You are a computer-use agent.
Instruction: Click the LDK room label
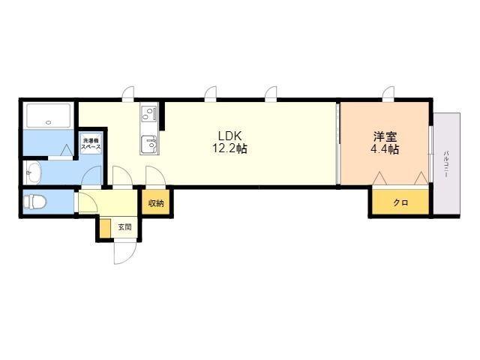[x=230, y=135]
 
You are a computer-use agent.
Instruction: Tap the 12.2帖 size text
[x=230, y=148]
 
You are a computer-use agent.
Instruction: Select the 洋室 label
[x=385, y=136]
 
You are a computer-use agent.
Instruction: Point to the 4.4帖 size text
[x=385, y=149]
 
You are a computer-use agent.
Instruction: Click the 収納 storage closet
[x=156, y=202]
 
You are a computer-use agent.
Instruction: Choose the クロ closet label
[x=400, y=202]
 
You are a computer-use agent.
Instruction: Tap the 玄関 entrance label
[x=125, y=227]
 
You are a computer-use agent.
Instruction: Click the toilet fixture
[x=34, y=202]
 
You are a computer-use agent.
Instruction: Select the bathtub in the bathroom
[x=48, y=115]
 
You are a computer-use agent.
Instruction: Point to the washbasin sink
[x=32, y=172]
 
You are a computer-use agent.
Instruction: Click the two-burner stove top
[x=149, y=112]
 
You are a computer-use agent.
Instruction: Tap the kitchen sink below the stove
[x=149, y=145]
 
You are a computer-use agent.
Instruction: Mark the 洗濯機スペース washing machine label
[x=91, y=144]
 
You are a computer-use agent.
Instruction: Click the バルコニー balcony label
[x=446, y=164]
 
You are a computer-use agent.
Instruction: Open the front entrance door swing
[x=124, y=253]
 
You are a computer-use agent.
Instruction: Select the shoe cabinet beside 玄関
[x=105, y=228]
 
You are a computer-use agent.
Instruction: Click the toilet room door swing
[x=88, y=202]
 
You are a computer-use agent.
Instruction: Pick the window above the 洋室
[x=388, y=93]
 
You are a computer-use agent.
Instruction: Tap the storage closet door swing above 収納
[x=155, y=176]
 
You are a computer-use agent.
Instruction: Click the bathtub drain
[x=48, y=123]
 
